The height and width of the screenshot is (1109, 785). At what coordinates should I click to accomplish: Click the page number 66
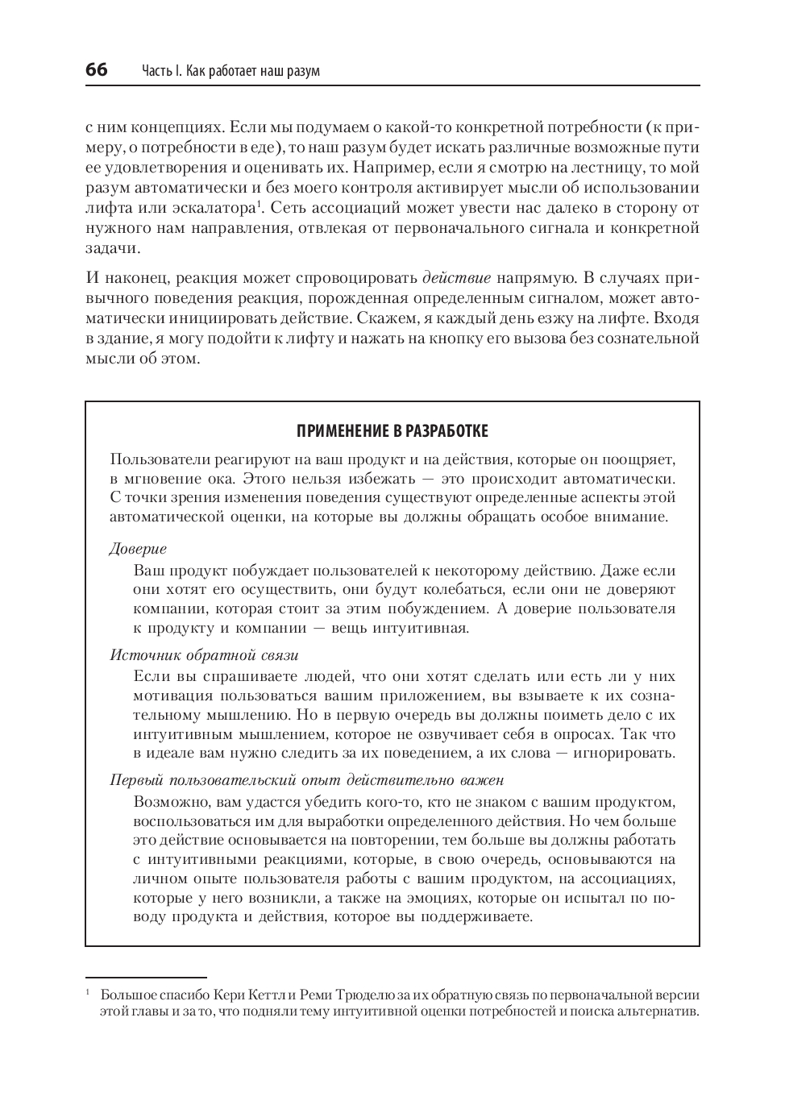tap(97, 70)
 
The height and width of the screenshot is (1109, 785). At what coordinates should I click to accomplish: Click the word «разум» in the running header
tap(302, 71)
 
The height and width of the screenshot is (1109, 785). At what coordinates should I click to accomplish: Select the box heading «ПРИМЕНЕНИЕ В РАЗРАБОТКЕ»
tap(392, 431)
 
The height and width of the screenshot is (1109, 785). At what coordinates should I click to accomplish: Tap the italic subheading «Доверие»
tap(138, 549)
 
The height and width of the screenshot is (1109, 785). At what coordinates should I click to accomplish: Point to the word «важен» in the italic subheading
tap(483, 780)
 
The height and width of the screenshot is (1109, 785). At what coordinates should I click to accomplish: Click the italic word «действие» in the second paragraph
tap(456, 279)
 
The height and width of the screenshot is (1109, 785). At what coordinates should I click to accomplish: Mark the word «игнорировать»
tap(621, 754)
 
